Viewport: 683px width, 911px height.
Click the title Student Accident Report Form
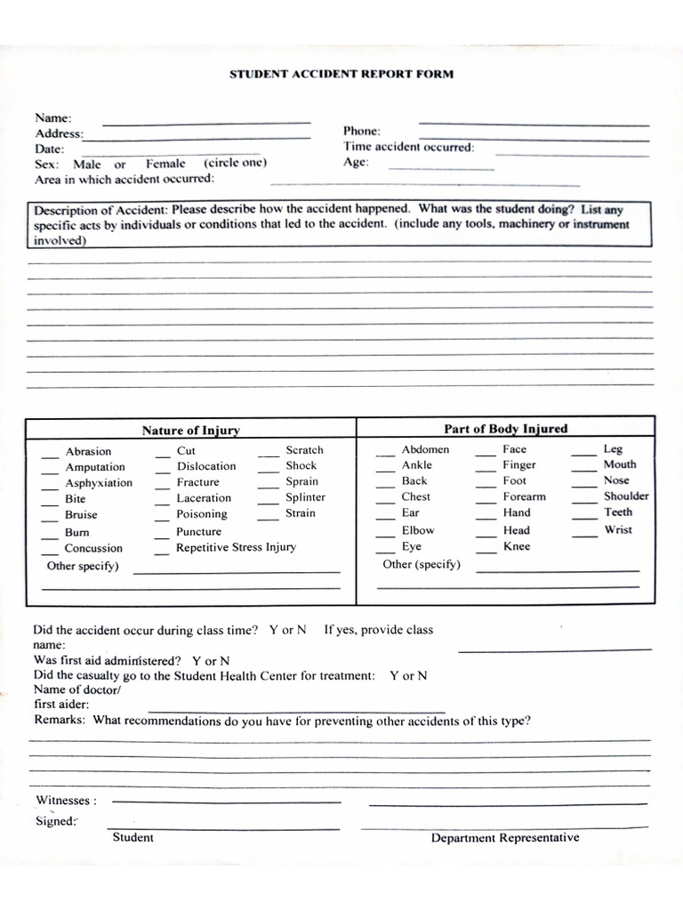point(341,75)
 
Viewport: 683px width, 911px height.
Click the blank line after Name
point(206,122)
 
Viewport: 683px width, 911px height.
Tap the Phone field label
point(362,131)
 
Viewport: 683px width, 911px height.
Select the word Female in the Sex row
point(165,164)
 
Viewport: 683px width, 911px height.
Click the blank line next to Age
point(441,167)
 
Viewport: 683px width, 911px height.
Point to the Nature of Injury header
point(190,431)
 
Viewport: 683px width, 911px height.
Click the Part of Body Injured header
point(505,429)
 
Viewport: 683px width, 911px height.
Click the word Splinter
point(305,497)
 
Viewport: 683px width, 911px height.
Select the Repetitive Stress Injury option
point(236,547)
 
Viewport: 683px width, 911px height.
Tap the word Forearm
point(524,496)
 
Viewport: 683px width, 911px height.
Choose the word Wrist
point(618,529)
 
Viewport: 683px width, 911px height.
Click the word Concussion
point(93,548)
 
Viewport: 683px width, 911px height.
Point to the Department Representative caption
point(504,837)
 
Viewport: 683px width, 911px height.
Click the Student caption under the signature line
point(133,837)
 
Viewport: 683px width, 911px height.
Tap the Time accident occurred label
point(408,147)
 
